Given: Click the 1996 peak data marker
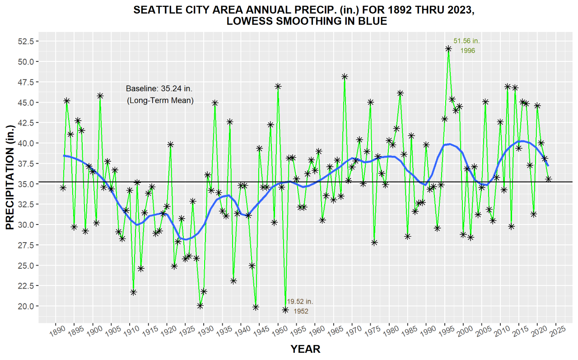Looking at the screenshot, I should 448,49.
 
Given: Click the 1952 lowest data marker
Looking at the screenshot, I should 285,310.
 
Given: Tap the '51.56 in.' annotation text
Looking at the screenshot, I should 466,41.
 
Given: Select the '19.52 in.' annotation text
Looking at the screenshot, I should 299,301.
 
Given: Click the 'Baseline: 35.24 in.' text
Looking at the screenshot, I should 159,89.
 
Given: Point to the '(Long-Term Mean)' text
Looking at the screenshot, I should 159,100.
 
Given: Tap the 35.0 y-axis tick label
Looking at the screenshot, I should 26,184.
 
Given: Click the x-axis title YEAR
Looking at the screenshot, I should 305,349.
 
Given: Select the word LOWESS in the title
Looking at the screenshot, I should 251,21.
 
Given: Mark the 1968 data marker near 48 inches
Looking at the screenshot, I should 345,77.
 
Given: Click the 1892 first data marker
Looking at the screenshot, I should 63,187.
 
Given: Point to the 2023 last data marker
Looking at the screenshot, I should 548,179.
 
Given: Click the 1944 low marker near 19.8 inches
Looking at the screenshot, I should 256,307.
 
